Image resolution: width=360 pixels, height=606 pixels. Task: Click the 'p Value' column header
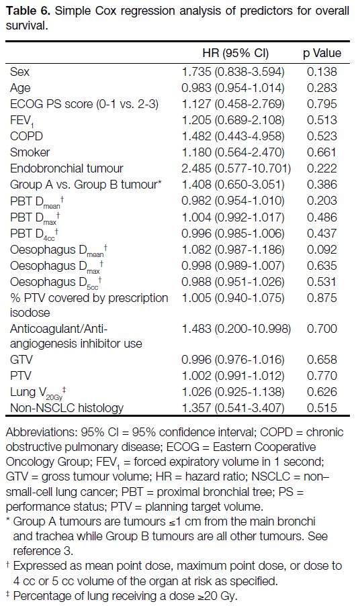322,53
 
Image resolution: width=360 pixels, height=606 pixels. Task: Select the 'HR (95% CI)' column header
236,53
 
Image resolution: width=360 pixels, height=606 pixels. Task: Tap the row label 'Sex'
19,72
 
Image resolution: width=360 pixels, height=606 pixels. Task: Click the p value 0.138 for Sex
322,72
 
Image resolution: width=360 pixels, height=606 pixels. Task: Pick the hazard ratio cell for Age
233,88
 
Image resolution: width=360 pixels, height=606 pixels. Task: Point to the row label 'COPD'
26,136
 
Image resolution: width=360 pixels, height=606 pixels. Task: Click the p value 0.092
322,250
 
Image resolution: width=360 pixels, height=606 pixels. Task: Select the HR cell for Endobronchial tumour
236,168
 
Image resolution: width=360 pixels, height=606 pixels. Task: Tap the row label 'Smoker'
30,152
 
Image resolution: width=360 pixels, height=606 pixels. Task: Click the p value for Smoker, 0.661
322,152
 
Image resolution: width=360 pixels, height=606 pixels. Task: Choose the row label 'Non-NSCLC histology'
66,408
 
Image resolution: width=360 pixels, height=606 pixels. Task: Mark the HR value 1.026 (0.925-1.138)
233,391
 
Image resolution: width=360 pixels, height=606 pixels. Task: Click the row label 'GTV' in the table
21,360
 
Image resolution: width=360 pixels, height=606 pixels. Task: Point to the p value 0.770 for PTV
322,376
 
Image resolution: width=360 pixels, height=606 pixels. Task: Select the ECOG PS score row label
85,104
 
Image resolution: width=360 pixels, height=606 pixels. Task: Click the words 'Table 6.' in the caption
28,11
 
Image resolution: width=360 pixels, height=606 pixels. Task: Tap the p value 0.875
322,298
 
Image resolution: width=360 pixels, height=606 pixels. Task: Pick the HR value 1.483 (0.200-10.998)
236,329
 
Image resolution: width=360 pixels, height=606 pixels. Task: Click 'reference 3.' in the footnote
43,550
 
